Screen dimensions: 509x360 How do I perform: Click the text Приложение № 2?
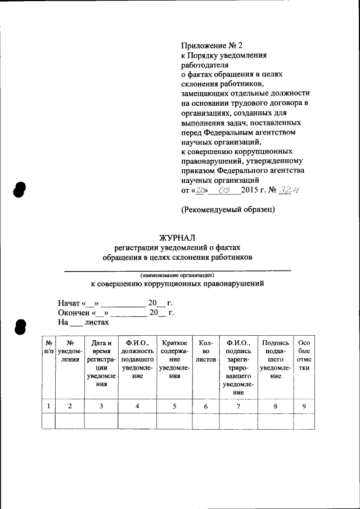pos(213,45)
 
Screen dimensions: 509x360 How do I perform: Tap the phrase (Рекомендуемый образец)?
pos(228,210)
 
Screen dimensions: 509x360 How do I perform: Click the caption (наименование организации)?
pos(177,275)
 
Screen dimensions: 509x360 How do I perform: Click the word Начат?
pos(69,303)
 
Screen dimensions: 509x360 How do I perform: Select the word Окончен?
pos(74,313)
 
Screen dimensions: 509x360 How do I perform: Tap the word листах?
pos(96,322)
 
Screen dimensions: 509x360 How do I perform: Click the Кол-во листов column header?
pos(205,350)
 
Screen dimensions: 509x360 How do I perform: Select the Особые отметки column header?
pos(304,355)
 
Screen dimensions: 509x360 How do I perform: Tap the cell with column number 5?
pos(174,406)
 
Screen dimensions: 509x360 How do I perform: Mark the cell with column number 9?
pos(304,406)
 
